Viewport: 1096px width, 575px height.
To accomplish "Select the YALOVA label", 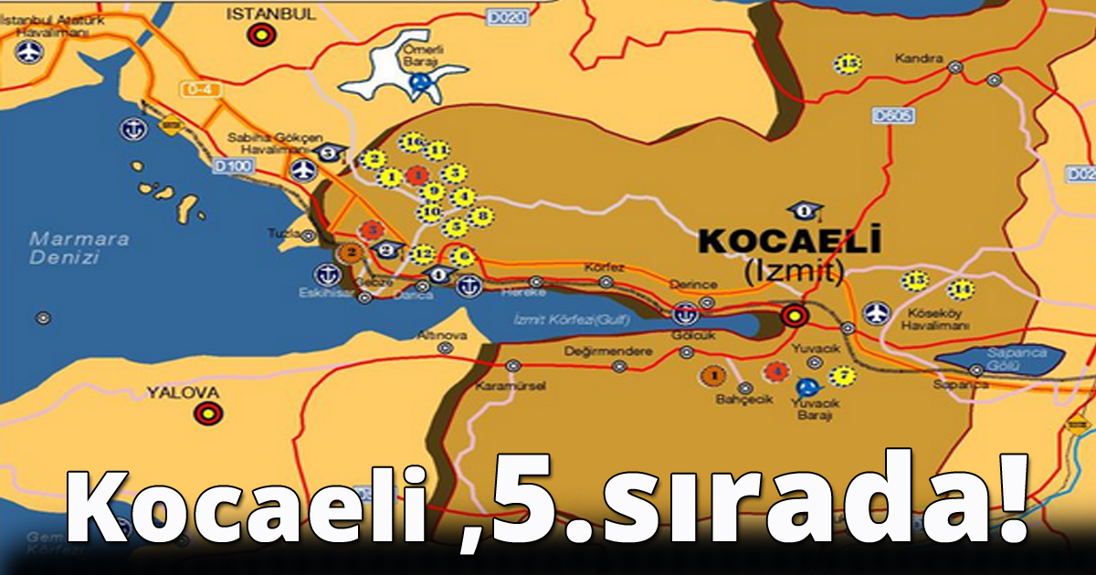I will click(184, 393).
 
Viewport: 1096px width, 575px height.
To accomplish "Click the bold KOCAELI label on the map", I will click(789, 241).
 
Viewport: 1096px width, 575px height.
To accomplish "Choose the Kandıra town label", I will click(919, 59).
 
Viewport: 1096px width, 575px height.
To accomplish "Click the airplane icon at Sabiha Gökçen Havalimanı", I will click(303, 171).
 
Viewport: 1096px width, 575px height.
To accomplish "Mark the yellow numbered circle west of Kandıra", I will click(848, 64).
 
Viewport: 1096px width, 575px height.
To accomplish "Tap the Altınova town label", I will click(442, 335).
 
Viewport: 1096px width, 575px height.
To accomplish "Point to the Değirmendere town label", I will click(607, 351).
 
